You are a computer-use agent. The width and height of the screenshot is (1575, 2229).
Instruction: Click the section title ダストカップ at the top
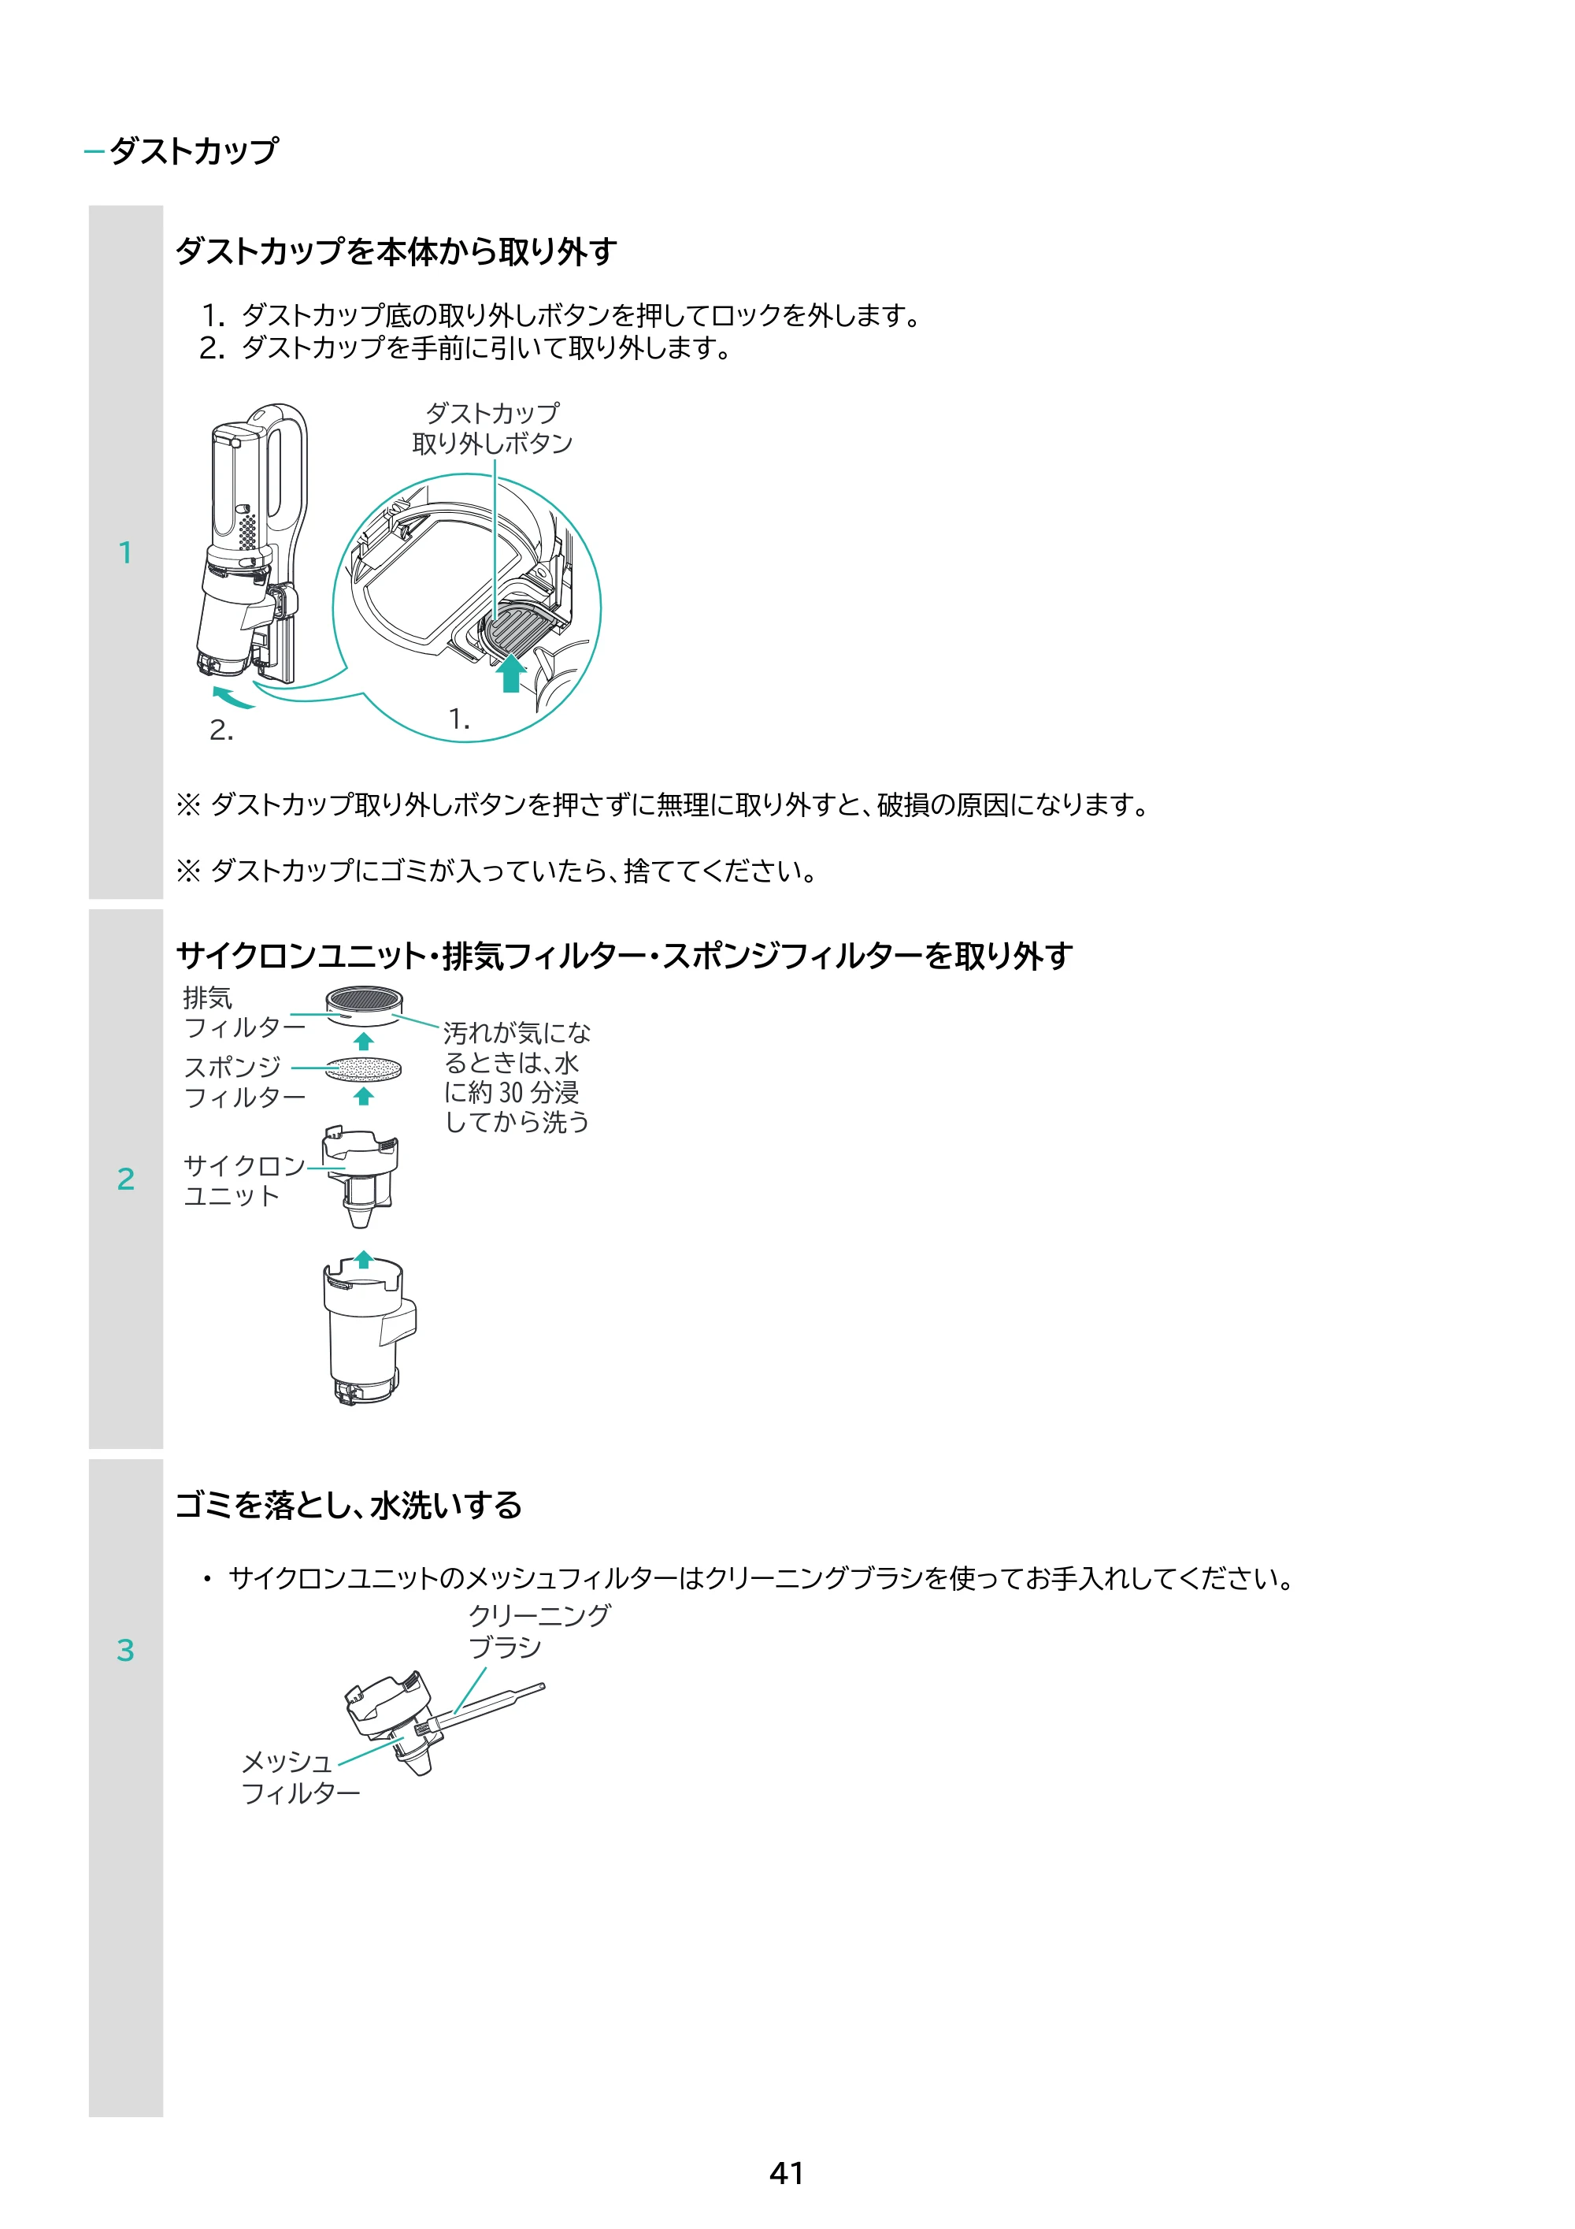(194, 150)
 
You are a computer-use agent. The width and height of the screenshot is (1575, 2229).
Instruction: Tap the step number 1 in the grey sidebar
(125, 552)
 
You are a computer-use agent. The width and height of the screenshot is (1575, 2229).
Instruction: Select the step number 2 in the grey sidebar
(125, 1179)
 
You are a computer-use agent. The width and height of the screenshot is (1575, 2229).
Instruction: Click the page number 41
(787, 2173)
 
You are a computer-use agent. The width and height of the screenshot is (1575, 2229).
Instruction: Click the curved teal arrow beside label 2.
(233, 697)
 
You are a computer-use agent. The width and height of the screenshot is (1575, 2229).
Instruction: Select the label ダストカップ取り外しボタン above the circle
(493, 428)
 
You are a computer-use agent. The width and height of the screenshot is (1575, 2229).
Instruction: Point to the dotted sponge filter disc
(363, 1069)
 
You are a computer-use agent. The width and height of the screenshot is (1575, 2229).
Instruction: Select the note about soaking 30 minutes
(517, 1076)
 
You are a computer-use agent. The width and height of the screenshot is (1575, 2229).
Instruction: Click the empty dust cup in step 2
(368, 1330)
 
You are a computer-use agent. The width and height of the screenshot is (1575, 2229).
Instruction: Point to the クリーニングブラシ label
(539, 1631)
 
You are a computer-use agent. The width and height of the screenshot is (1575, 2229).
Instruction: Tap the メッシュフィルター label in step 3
(300, 1778)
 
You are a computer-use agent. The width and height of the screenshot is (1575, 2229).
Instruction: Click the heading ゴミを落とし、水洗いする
(348, 1506)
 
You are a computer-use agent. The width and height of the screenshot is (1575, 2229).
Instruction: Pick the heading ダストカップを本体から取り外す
(396, 251)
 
